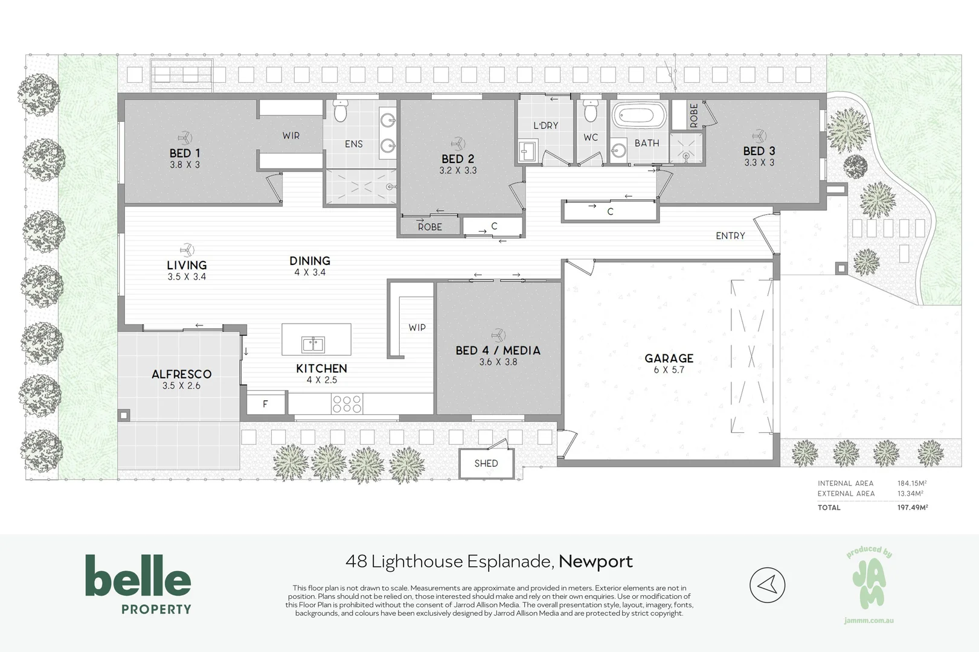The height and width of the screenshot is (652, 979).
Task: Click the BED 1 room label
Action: click(185, 153)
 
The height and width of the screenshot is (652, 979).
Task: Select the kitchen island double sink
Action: click(313, 345)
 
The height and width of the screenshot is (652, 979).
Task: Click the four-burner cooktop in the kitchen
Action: click(347, 404)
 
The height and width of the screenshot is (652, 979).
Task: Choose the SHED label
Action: click(486, 463)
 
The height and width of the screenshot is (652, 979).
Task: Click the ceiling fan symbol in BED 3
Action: click(760, 135)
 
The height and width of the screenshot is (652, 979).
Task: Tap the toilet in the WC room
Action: click(591, 112)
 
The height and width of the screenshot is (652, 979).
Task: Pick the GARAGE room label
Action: click(669, 359)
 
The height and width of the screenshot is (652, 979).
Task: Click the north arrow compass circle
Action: click(768, 585)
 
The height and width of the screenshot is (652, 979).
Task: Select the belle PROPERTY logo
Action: click(138, 584)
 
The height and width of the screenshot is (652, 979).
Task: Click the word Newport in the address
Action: click(595, 561)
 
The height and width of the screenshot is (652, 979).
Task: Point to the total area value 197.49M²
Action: click(912, 507)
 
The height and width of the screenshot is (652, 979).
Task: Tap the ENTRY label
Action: click(730, 236)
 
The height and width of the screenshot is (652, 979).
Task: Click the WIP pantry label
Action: click(417, 328)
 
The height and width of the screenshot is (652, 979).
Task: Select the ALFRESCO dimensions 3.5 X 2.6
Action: click(181, 386)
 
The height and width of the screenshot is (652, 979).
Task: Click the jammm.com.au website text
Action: click(869, 621)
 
